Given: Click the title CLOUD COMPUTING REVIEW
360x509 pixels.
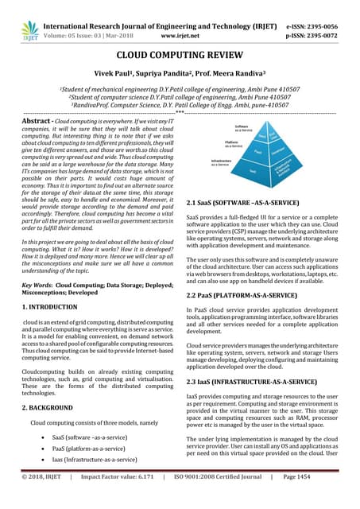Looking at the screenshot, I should (180, 58).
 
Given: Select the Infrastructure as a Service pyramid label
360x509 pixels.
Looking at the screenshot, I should (223, 161).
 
